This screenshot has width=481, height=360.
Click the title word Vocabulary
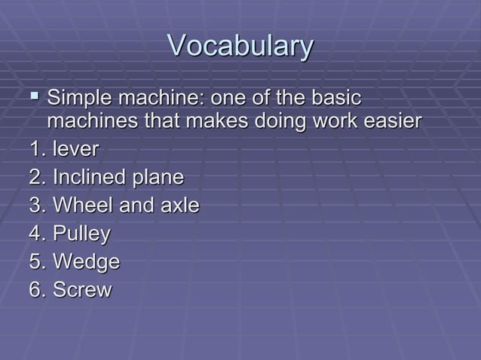pyautogui.click(x=240, y=46)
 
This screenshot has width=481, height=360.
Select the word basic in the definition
pyautogui.click(x=333, y=99)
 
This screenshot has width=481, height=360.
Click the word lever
pyautogui.click(x=75, y=149)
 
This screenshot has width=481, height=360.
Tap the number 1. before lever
pyautogui.click(x=38, y=149)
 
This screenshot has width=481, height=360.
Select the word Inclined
pyautogui.click(x=89, y=178)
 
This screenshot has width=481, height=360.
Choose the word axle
pyautogui.click(x=179, y=206)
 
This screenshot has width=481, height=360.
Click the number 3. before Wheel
pyautogui.click(x=38, y=206)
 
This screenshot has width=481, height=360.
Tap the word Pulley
pyautogui.click(x=81, y=234)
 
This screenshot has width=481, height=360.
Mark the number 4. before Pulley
pyautogui.click(x=38, y=234)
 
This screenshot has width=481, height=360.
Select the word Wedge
pyautogui.click(x=86, y=262)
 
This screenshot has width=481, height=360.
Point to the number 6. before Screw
pyautogui.click(x=38, y=290)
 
